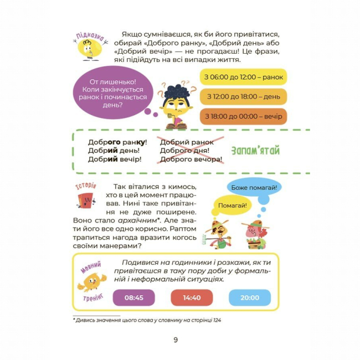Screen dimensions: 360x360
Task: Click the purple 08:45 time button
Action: pos(134,297)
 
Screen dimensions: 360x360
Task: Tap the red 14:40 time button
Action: pos(192,297)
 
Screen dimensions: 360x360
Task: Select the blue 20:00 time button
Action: pos(250,297)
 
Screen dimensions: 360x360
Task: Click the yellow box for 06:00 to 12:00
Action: pos(243,77)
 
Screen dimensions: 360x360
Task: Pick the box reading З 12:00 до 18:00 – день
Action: pos(243,96)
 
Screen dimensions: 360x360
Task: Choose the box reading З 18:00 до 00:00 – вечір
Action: pos(243,116)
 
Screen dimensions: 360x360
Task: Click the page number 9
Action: pos(176,340)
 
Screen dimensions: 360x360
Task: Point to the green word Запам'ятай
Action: pos(255,151)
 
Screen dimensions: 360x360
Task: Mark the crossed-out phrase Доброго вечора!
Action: pos(192,160)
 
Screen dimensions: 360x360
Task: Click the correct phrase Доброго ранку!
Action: pos(117,142)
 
